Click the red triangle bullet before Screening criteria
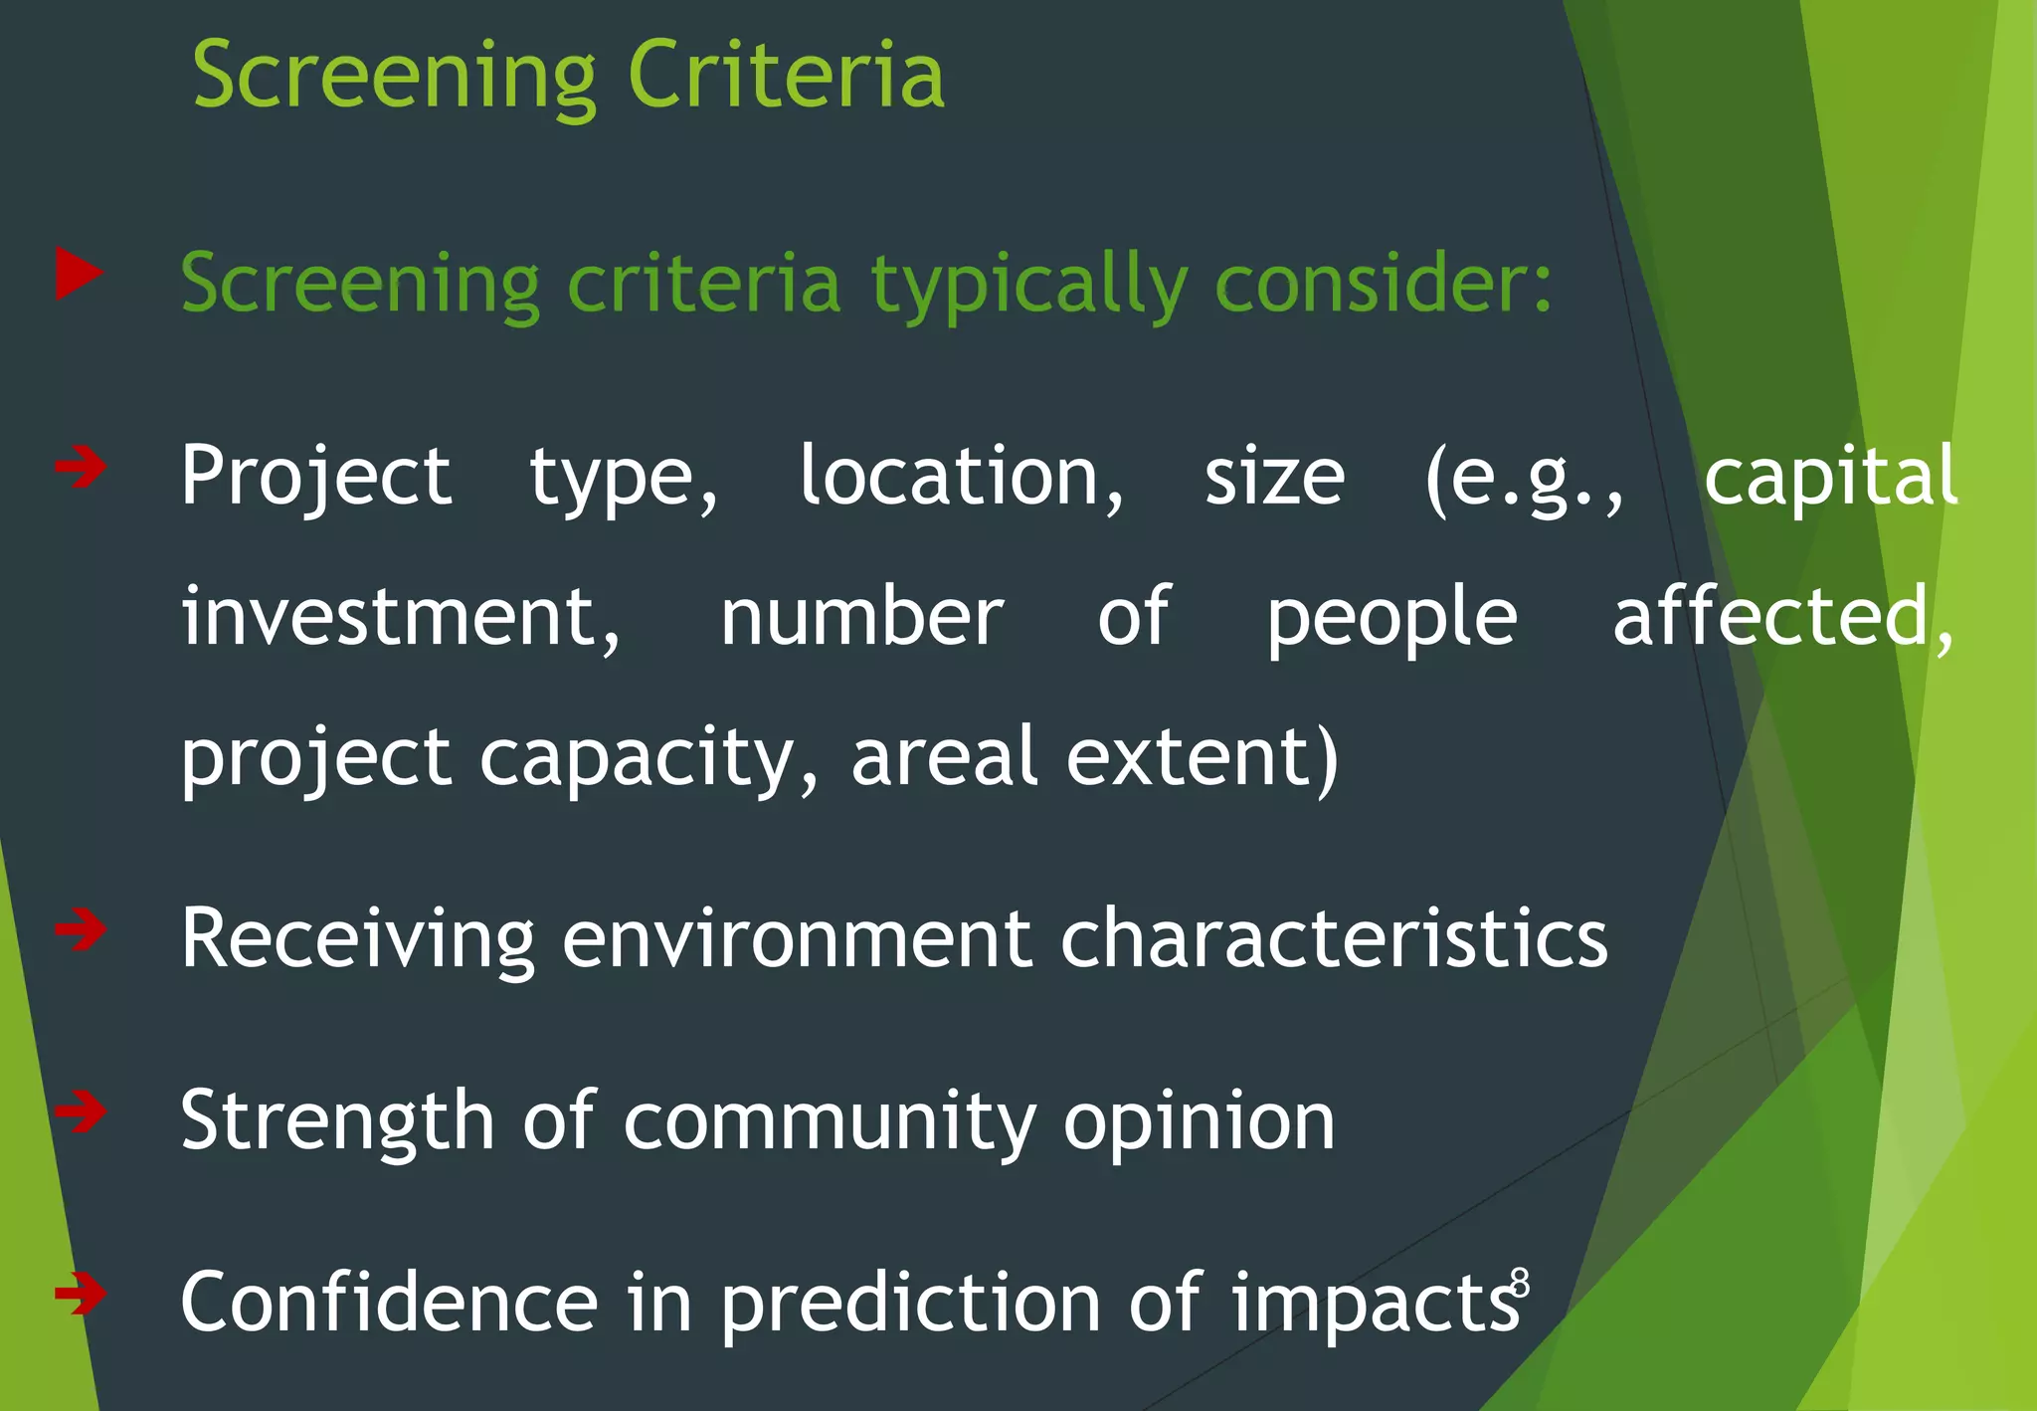79,273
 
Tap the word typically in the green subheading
1029,285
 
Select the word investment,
400,617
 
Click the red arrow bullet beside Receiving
81,929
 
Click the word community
830,1122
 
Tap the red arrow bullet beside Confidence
81,1293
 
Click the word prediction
910,1304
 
